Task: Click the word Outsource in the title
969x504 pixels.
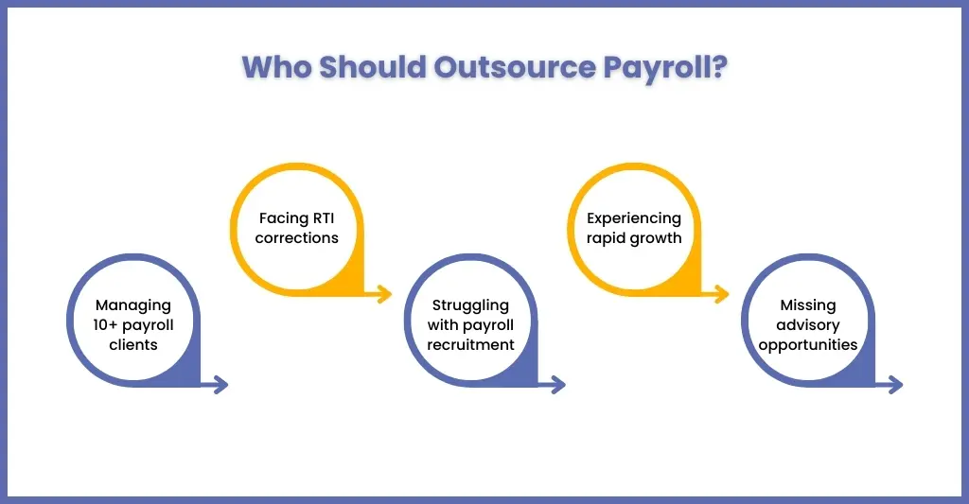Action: click(x=514, y=67)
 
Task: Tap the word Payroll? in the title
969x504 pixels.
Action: click(x=665, y=68)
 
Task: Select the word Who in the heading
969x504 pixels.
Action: click(x=277, y=67)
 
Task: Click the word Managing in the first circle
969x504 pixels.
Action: click(x=132, y=305)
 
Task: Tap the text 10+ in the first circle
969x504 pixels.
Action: click(x=106, y=325)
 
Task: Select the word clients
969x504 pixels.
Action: click(x=133, y=344)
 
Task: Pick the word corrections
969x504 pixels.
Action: click(x=296, y=237)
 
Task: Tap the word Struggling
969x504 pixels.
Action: click(x=470, y=305)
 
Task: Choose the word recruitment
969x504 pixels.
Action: click(x=470, y=344)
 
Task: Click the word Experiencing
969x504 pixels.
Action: click(x=634, y=218)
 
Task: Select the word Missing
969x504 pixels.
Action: click(x=808, y=305)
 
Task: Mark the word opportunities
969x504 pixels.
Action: click(x=808, y=345)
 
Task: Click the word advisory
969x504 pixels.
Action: click(x=808, y=325)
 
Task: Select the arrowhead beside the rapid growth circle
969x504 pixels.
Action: click(x=722, y=294)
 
